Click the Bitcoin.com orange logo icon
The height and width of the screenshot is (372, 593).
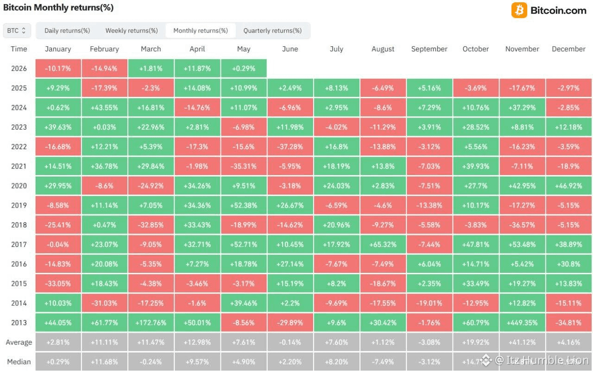(x=519, y=10)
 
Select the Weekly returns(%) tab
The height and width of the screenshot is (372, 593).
(x=132, y=31)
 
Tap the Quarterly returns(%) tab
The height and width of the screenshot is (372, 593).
(x=272, y=31)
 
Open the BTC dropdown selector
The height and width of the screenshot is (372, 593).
(x=17, y=31)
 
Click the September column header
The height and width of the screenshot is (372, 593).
(x=429, y=49)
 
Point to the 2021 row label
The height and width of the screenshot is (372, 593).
(x=19, y=166)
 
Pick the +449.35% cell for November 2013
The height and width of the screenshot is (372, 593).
(x=522, y=323)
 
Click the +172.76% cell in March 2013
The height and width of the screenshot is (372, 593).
(x=151, y=323)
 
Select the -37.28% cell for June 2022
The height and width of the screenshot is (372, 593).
(x=290, y=147)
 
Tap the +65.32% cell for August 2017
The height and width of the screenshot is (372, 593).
(x=383, y=245)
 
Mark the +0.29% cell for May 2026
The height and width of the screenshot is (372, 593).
(x=244, y=69)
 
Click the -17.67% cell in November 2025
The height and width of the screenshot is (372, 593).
(x=522, y=88)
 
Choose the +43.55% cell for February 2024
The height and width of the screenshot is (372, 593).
(x=104, y=108)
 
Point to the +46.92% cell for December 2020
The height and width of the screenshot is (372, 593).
(x=568, y=186)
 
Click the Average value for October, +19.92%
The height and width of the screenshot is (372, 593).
(x=476, y=342)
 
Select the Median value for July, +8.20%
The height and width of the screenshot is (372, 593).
(x=336, y=362)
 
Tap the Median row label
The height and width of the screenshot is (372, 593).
(x=19, y=362)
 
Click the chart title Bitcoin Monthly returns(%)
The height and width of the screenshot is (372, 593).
(x=58, y=8)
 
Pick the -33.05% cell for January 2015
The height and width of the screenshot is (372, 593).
(x=58, y=284)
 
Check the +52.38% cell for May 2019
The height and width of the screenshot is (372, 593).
(x=244, y=206)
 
